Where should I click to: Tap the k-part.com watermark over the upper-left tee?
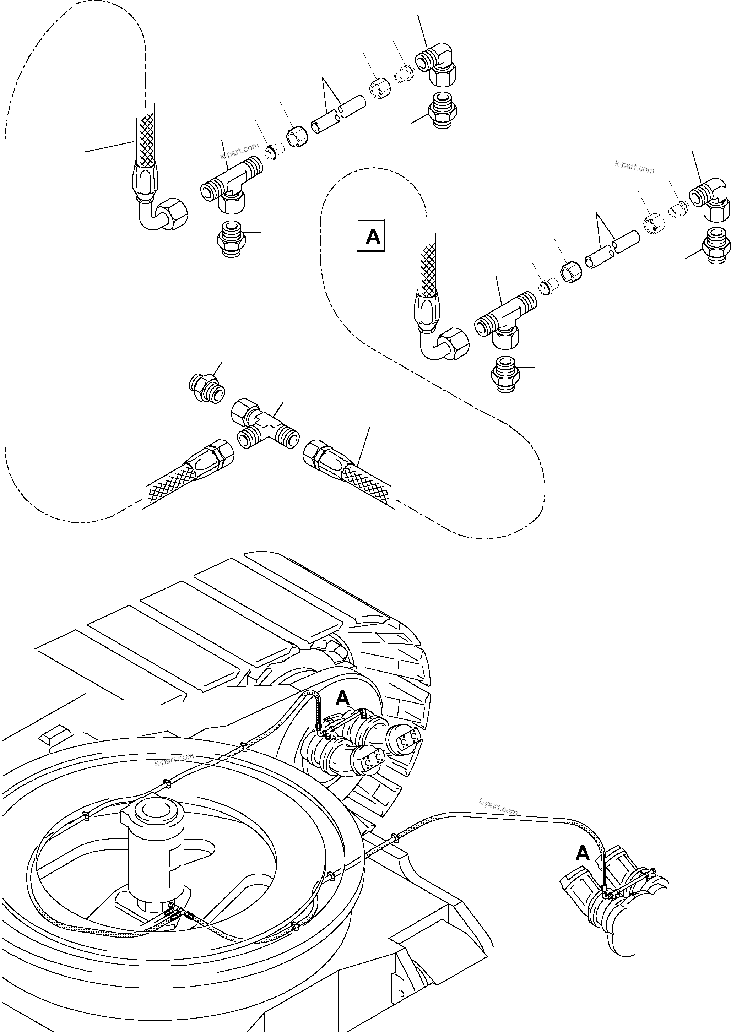click(239, 151)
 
